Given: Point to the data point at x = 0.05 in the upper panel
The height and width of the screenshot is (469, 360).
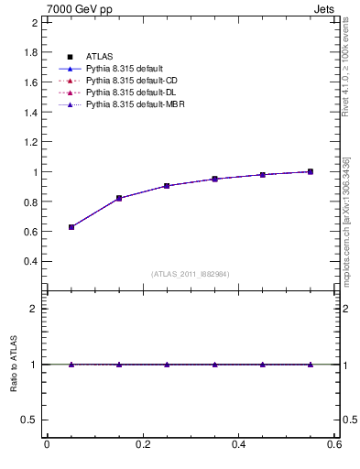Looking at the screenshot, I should (71, 226).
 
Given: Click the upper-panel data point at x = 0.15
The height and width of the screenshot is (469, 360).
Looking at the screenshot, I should (119, 198).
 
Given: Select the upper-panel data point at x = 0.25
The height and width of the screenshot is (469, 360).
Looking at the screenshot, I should (167, 186).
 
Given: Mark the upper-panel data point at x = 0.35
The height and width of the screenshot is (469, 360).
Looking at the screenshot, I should (214, 179).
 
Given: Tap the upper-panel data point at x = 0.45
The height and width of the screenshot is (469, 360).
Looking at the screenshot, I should (262, 174).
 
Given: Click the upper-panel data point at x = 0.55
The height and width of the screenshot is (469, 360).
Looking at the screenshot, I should (310, 171).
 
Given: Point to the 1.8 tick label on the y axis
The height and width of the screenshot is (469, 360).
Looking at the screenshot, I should (29, 52).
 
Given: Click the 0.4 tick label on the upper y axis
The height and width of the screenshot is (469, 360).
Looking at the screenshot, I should (29, 261).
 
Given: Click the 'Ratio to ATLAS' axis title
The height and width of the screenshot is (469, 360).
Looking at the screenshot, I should (14, 364).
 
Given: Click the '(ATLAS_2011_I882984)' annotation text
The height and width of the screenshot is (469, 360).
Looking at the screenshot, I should (190, 275).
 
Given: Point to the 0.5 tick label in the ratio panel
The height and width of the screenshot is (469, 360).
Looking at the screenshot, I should (29, 420).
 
